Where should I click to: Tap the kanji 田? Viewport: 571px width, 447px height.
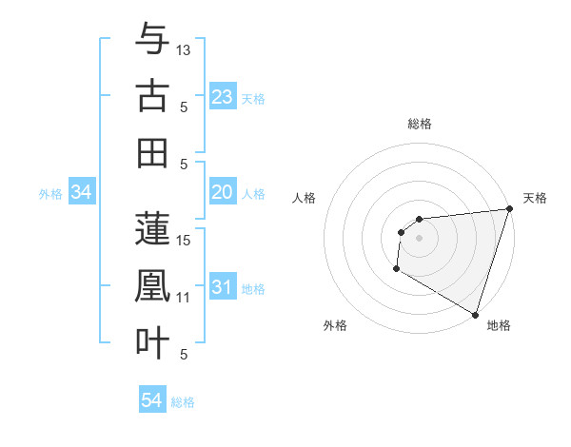(x=152, y=152)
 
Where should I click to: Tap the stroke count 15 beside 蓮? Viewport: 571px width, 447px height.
(x=185, y=241)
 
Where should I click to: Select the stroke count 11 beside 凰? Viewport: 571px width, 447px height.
(x=185, y=298)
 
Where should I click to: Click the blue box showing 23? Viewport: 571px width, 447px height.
(x=223, y=97)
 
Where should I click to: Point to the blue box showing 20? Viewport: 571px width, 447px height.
(x=223, y=193)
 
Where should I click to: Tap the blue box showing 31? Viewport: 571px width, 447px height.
(x=223, y=288)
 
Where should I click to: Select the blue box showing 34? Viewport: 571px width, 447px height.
(x=82, y=193)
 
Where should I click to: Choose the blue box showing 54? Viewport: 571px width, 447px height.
(x=152, y=401)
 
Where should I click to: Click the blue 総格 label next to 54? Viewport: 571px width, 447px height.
(x=183, y=402)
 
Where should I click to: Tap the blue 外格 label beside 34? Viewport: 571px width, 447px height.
(x=50, y=194)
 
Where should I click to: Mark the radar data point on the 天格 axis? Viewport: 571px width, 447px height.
(x=509, y=209)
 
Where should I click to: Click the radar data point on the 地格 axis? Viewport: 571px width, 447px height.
(x=475, y=314)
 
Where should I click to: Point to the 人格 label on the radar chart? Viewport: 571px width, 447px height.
(x=305, y=198)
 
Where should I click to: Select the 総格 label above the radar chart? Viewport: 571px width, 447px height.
(x=419, y=124)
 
